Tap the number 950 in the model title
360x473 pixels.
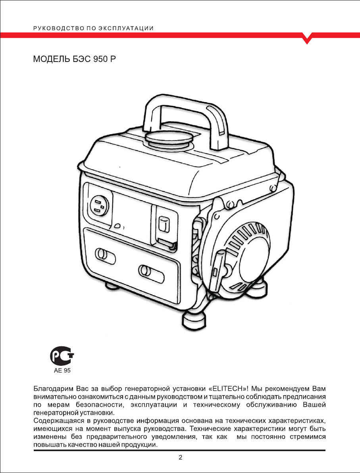[100, 60]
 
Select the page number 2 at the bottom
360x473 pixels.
[180, 458]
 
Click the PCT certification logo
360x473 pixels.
[62, 356]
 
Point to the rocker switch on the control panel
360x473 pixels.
[162, 226]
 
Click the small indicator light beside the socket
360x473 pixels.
[117, 226]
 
